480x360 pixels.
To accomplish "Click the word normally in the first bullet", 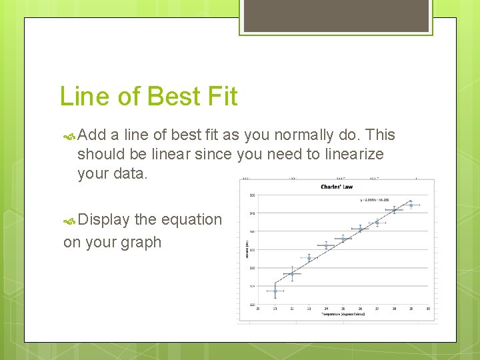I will point(301,135).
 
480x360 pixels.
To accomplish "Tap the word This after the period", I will point(381,135).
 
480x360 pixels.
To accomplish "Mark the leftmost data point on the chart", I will point(275,291).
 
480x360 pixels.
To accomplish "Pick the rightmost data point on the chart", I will point(411,205).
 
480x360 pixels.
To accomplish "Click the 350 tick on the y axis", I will point(251,195).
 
